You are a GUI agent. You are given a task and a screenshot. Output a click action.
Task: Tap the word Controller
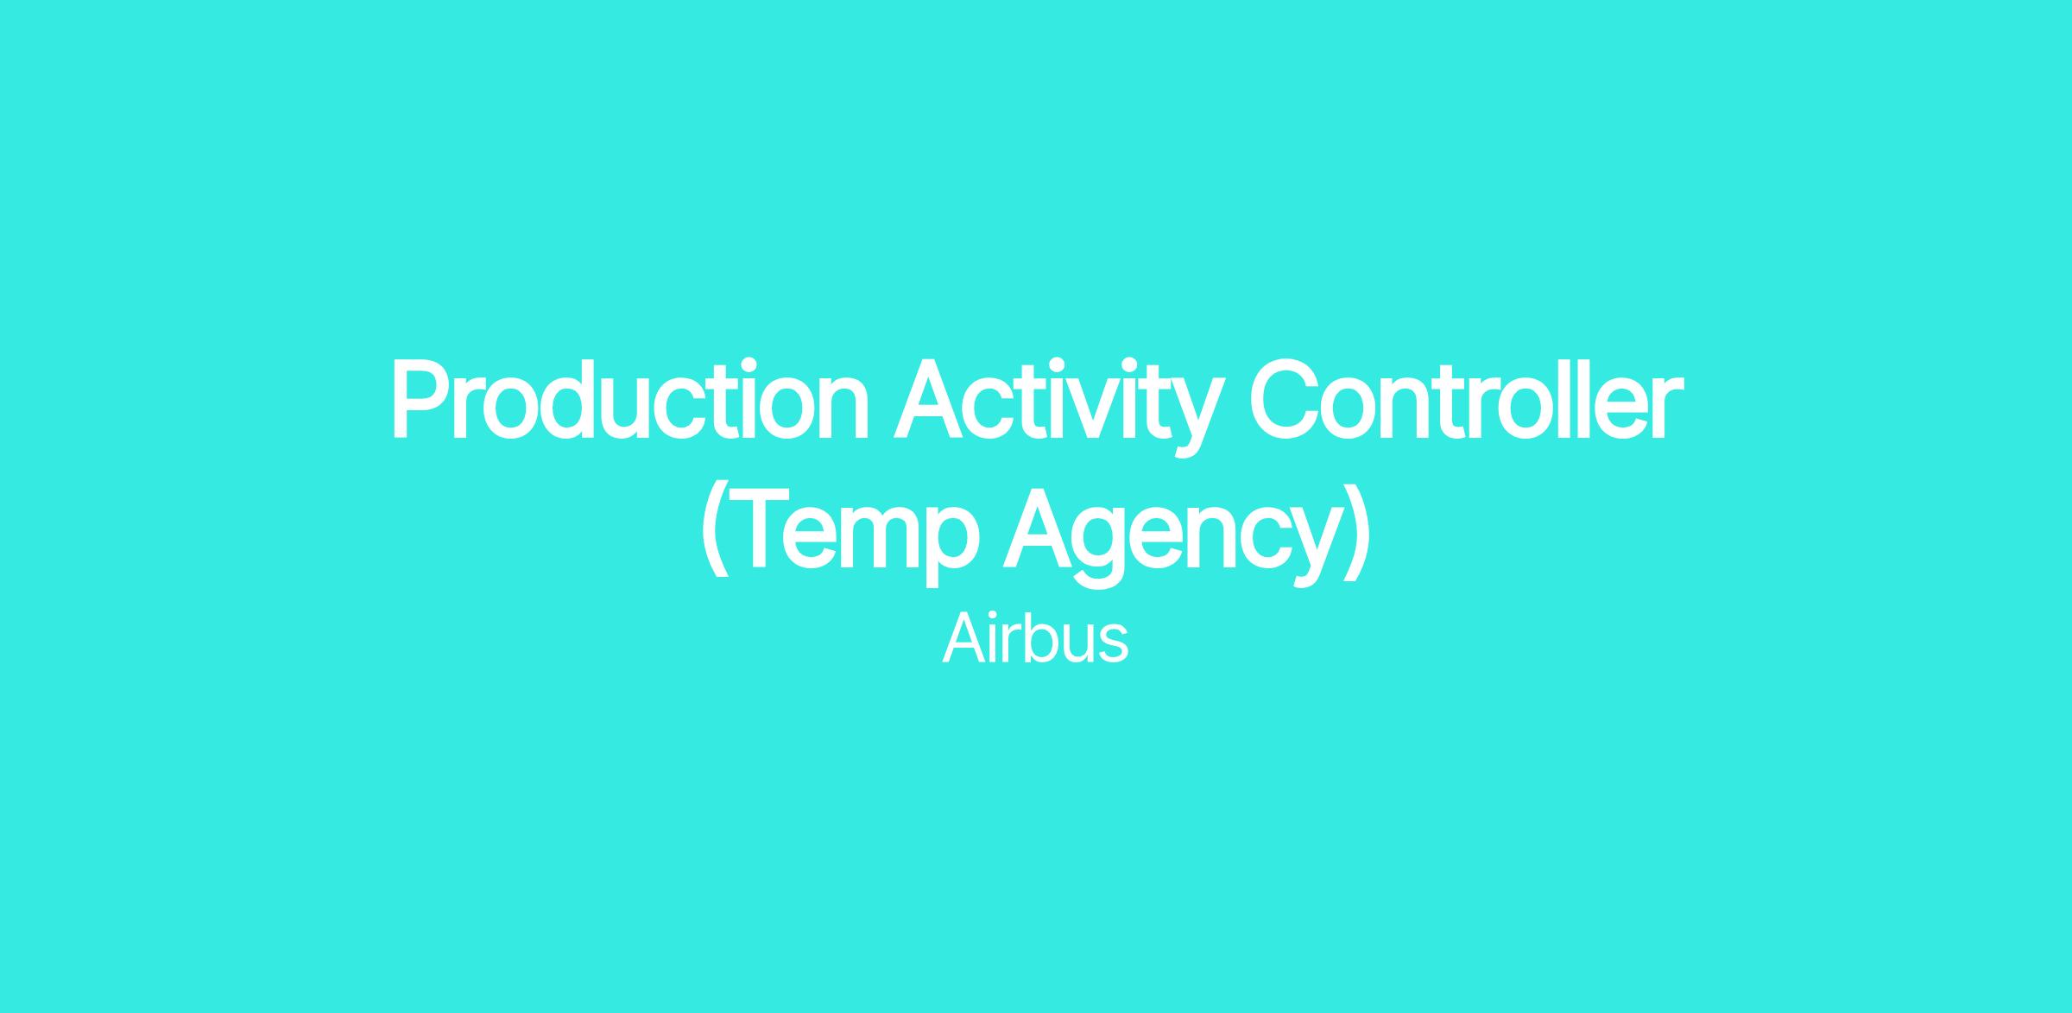(1466, 401)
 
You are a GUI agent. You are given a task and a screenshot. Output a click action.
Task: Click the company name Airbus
(1035, 638)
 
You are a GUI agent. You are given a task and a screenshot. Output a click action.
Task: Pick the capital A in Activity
(930, 401)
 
